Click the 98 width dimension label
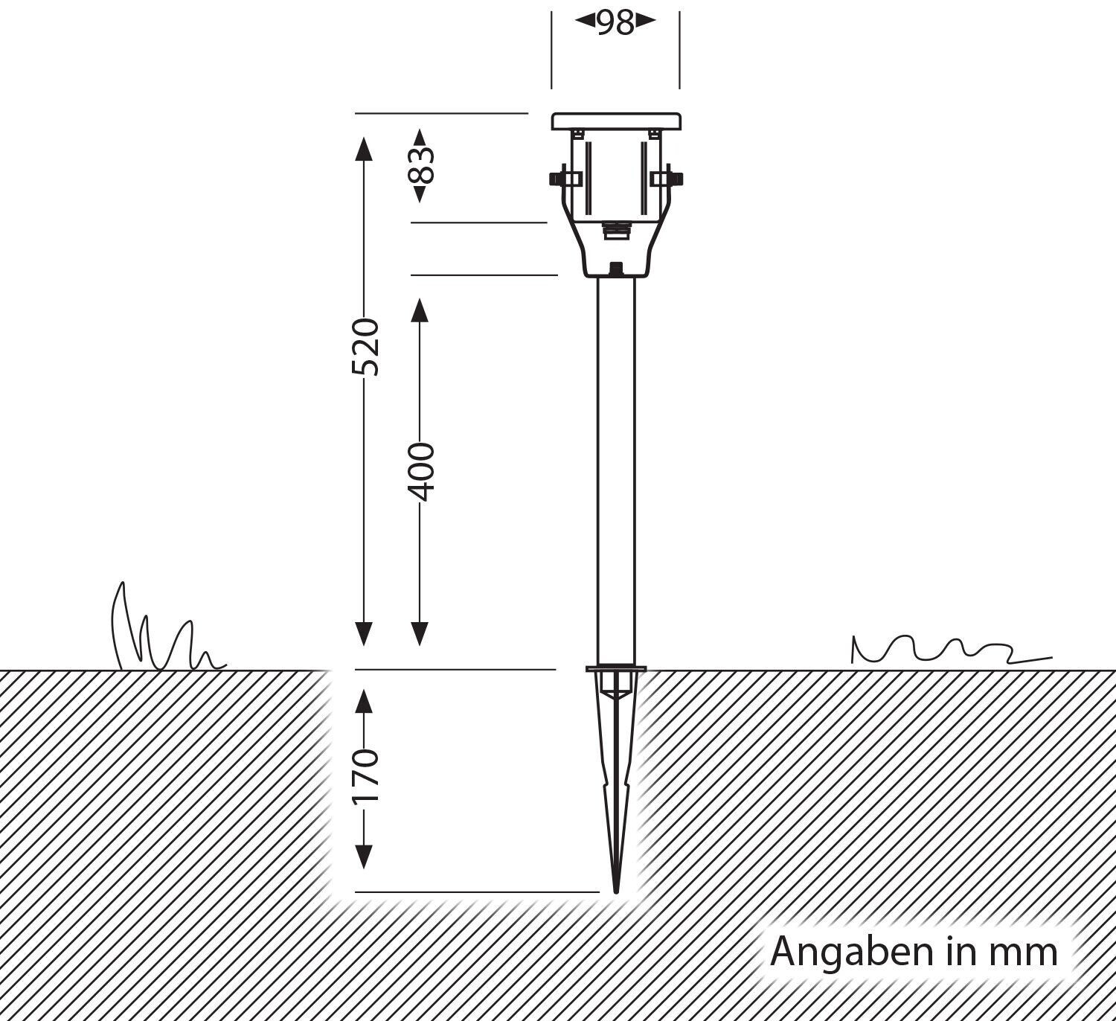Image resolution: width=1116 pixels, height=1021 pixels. pos(615,22)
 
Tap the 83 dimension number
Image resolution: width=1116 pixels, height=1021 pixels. pos(421,165)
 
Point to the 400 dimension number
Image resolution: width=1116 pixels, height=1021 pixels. pos(421,472)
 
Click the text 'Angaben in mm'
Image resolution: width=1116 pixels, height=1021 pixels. pos(914,952)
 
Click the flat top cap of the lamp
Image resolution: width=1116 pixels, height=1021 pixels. pos(616,121)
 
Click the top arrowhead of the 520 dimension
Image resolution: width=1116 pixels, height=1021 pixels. pos(364,149)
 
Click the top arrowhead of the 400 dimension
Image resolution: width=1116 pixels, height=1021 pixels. pos(420,310)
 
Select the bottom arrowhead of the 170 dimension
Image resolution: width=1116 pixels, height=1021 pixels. pos(364,856)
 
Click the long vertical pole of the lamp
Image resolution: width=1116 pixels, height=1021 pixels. pos(617,469)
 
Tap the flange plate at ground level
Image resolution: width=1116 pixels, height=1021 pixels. pos(616,668)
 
